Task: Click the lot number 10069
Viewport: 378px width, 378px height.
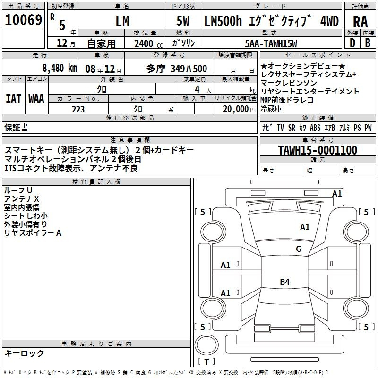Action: click(23, 20)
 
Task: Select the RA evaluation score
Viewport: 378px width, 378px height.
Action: click(360, 22)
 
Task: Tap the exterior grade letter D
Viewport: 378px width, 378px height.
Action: click(352, 43)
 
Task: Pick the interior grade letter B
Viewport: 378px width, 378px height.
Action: click(368, 43)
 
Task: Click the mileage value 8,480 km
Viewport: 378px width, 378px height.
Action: click(60, 68)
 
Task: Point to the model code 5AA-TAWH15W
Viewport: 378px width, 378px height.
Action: click(271, 43)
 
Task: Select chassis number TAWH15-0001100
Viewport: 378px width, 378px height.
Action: click(318, 150)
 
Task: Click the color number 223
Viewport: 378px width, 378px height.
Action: click(78, 109)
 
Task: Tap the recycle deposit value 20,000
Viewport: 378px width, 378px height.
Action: click(236, 109)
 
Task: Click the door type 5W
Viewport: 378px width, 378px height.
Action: click(183, 21)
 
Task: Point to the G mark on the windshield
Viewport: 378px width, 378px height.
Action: click(299, 249)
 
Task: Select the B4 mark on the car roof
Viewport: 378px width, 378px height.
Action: click(284, 282)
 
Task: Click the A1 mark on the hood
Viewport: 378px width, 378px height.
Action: click(305, 227)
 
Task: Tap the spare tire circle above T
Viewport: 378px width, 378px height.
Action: click(206, 345)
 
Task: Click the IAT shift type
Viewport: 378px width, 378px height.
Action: click(13, 99)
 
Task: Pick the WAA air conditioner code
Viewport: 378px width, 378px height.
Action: click(36, 99)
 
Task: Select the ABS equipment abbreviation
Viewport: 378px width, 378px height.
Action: click(315, 128)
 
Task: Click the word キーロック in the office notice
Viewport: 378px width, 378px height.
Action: click(24, 353)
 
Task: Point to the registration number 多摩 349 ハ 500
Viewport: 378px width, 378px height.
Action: click(176, 69)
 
